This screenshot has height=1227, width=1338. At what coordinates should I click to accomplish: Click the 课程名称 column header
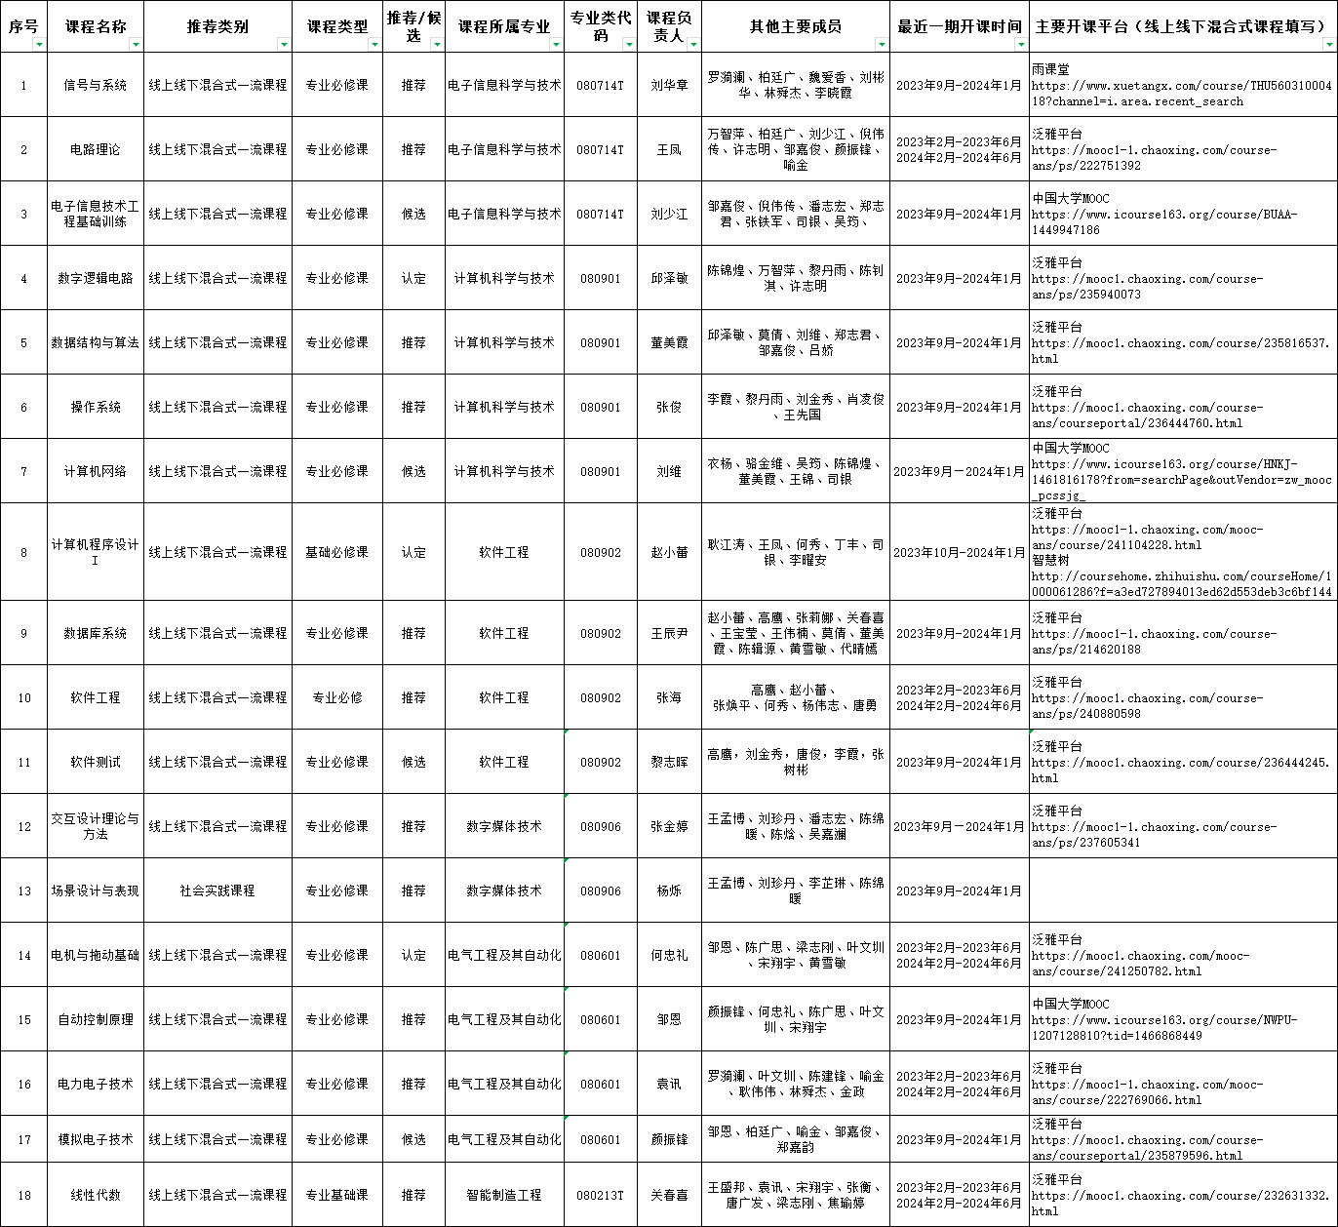(95, 26)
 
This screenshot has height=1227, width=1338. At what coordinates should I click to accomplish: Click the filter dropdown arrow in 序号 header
(39, 45)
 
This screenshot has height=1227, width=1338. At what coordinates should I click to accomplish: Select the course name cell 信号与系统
(95, 85)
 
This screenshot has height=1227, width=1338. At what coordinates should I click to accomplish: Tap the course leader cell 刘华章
(669, 85)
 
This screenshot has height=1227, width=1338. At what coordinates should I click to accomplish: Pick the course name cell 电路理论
(95, 149)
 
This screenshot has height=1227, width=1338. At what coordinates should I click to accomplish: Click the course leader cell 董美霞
(669, 342)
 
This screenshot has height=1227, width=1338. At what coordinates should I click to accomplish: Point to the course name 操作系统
(95, 407)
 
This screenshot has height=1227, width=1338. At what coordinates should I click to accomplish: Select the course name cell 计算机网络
(95, 471)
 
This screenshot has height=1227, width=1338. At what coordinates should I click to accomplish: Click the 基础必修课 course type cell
(336, 552)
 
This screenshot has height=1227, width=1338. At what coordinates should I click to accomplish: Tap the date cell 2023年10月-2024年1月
(960, 552)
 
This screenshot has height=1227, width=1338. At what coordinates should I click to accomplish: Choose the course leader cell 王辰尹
(669, 633)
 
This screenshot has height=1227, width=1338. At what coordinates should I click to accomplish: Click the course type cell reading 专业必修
(336, 697)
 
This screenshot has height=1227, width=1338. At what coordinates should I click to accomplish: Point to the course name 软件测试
(95, 762)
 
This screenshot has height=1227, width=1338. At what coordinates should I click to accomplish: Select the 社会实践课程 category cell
(216, 891)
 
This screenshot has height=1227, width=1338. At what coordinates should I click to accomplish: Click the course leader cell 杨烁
(669, 891)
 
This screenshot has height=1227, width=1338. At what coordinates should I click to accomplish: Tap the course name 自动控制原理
(95, 1019)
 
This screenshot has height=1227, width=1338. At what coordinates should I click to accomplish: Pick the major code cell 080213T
(600, 1195)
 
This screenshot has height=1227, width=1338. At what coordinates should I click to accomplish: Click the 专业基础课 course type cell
(336, 1195)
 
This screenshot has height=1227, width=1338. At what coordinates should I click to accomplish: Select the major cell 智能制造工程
(504, 1195)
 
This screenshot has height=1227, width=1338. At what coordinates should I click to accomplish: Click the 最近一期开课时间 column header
(960, 26)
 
